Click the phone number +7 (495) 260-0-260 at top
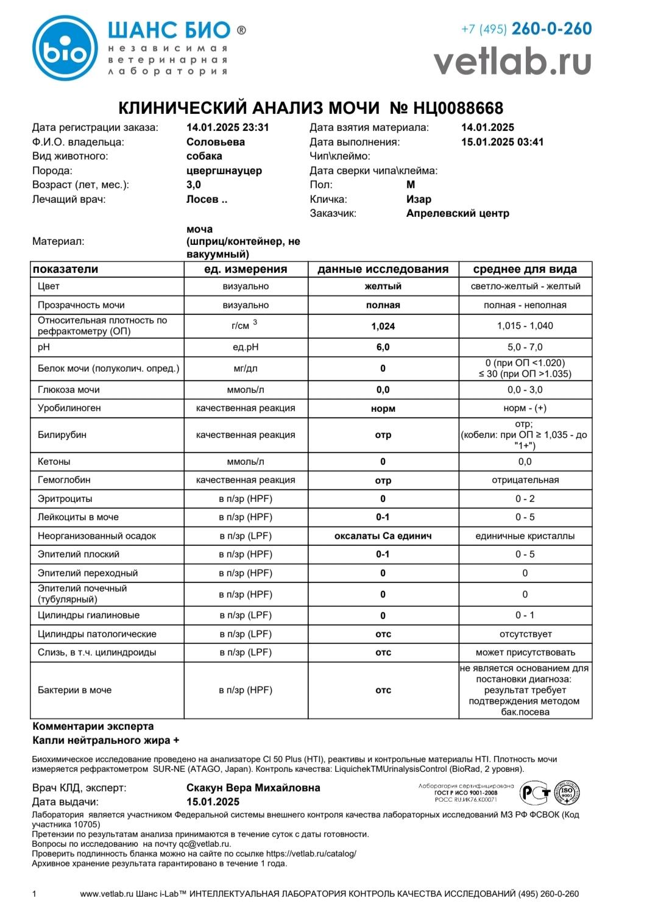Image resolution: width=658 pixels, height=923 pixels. [x=526, y=29]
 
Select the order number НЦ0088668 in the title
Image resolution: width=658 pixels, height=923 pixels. [x=458, y=108]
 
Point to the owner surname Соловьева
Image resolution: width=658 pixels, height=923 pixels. [x=216, y=142]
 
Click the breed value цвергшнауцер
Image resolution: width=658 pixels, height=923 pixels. [x=224, y=171]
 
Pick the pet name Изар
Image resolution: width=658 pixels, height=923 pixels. [x=419, y=199]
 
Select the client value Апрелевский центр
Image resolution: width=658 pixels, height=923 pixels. [x=458, y=213]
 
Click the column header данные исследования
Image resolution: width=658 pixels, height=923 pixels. [x=383, y=269]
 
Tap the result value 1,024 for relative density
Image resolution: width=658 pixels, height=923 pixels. [x=383, y=327]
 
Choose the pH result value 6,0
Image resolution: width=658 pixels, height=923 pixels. [x=383, y=347]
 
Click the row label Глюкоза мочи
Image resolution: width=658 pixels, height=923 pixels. [x=69, y=390]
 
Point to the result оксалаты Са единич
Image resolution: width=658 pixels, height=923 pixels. [x=383, y=536]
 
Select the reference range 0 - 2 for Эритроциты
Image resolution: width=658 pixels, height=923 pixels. [x=525, y=499]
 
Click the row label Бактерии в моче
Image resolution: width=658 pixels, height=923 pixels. [x=74, y=690]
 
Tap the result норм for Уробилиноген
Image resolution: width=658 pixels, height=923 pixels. [x=383, y=409]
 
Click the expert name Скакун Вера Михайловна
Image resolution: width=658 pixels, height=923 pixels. [x=253, y=788]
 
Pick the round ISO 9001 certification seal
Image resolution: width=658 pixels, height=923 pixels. [x=567, y=793]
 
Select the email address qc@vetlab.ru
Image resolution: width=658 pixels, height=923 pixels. [x=205, y=844]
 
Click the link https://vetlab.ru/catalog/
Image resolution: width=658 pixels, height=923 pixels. [x=311, y=854]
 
